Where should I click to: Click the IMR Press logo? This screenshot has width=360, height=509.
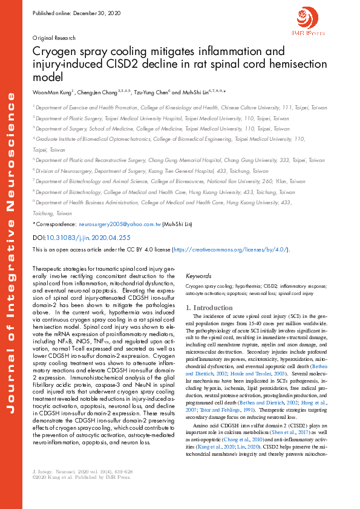tap(309, 24)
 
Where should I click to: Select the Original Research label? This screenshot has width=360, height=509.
tap(53, 37)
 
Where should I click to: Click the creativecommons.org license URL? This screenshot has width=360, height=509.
tap(230, 249)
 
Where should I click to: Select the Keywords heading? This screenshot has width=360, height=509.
tap(198, 276)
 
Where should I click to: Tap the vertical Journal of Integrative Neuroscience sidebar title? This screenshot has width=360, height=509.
tap(11, 254)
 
